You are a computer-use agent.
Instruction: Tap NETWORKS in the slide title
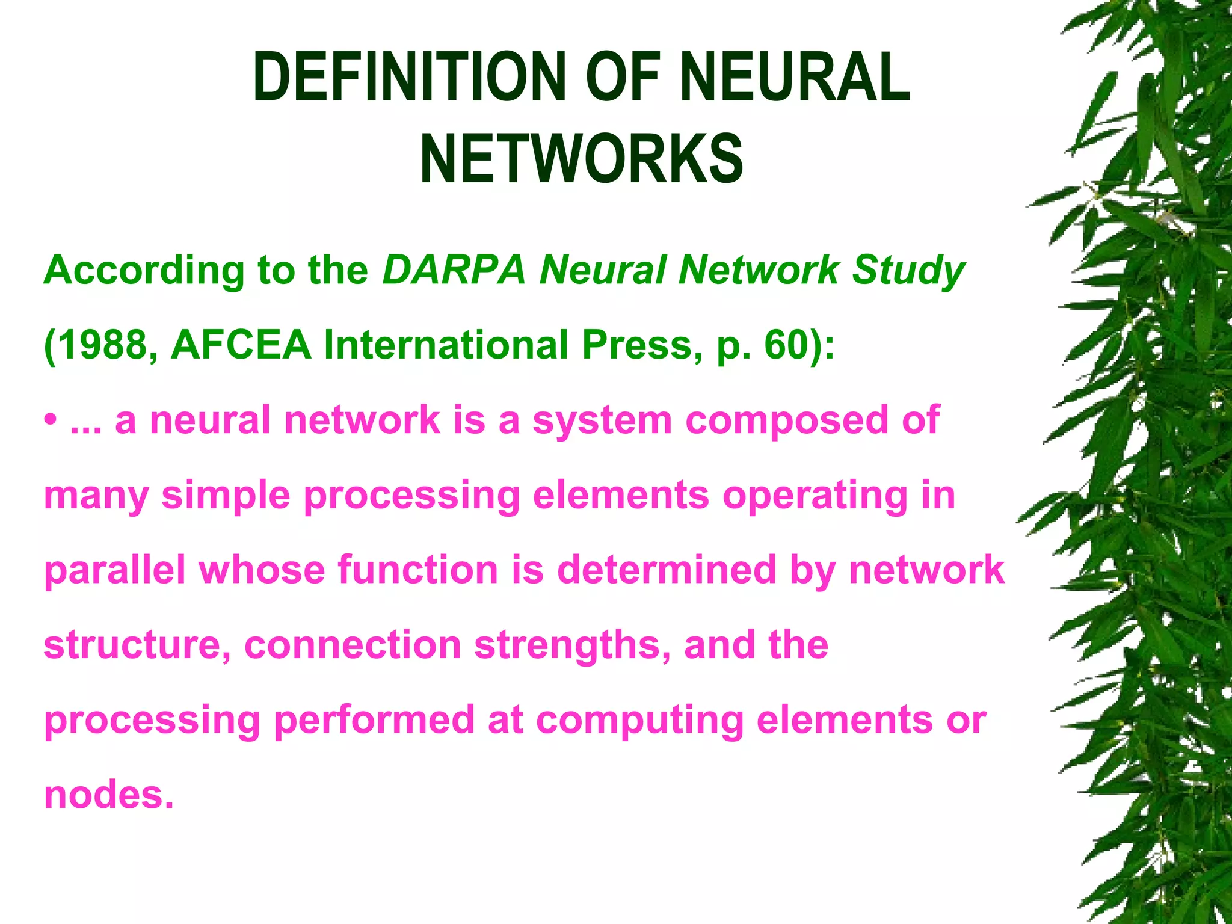(x=581, y=159)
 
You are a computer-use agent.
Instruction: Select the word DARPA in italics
(x=454, y=270)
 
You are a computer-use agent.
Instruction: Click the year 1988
(x=102, y=345)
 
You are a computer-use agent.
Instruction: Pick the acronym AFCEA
(x=241, y=345)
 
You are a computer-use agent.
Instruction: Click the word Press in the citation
(x=638, y=345)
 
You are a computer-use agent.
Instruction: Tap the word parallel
(x=115, y=570)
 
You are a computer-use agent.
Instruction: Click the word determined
(x=667, y=569)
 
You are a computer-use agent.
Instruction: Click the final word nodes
(x=109, y=795)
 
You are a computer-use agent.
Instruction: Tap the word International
(x=445, y=345)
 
